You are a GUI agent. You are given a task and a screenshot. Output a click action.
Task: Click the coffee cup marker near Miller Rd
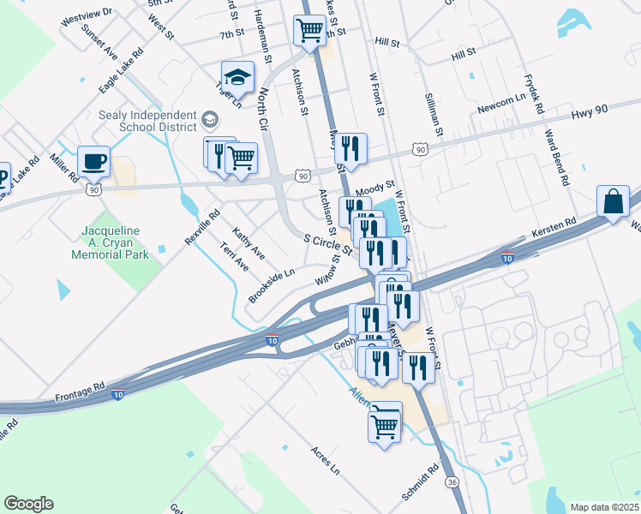(93, 160)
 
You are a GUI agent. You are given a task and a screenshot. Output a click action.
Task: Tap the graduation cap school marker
(237, 76)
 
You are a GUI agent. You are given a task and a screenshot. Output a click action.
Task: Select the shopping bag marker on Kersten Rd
(614, 202)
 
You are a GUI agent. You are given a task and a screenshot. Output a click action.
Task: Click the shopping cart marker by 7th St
(309, 30)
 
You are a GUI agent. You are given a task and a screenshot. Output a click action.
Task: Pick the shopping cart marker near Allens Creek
(385, 422)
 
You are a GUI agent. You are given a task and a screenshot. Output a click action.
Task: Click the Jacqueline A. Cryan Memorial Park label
(116, 241)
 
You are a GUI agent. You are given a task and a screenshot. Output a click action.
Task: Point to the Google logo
(28, 504)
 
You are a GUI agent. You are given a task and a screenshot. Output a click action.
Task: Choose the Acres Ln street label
(325, 460)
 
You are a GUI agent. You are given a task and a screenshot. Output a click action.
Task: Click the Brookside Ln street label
(271, 284)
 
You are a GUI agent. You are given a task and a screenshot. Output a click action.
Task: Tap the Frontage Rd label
(80, 390)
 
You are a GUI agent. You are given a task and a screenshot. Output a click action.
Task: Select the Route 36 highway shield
(452, 483)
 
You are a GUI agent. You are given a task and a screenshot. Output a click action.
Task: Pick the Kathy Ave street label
(249, 245)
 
